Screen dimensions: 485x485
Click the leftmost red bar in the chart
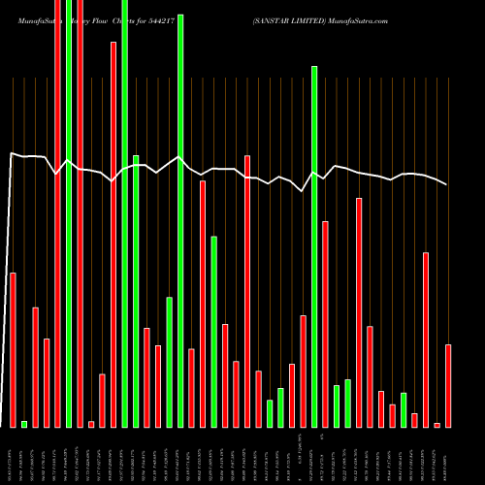[14, 349]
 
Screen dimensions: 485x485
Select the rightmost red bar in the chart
[448, 385]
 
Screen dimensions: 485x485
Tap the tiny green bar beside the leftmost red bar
[24, 424]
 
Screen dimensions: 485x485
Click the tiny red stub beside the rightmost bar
[437, 425]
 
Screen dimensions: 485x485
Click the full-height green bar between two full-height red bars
[69, 213]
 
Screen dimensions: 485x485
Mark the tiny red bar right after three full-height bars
[91, 424]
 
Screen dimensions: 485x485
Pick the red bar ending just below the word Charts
[113, 233]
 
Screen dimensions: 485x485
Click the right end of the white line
[447, 184]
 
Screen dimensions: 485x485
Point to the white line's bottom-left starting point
[3, 426]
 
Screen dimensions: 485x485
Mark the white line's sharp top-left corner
[11, 153]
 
